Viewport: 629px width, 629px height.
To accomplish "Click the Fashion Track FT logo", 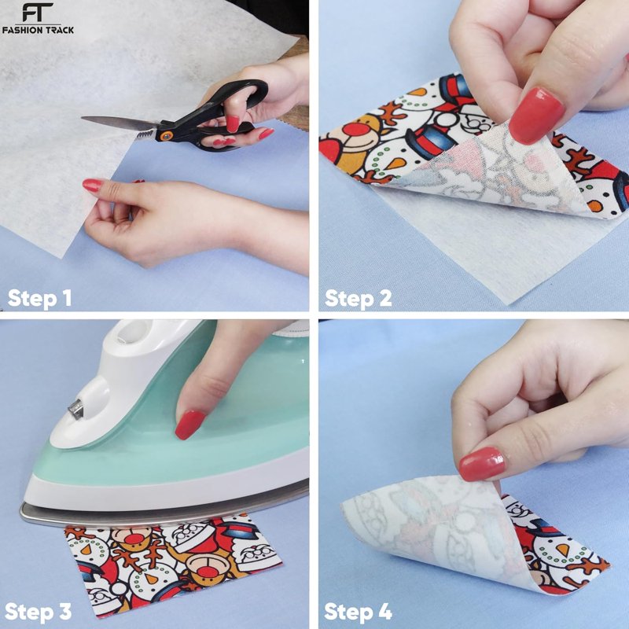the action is tap(38, 18).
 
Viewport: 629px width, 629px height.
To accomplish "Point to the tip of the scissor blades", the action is tap(83, 118).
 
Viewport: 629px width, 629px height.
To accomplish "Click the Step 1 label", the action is tap(40, 299).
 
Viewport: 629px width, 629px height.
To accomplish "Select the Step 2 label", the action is tap(359, 299).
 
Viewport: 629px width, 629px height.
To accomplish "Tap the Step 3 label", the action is tap(39, 612).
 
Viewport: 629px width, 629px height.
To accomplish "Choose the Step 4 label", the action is tap(359, 612).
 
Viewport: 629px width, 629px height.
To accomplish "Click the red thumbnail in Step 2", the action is tap(536, 116).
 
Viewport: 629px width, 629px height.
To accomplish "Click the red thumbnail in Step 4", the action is tap(482, 464).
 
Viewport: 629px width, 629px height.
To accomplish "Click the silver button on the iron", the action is tap(75, 408).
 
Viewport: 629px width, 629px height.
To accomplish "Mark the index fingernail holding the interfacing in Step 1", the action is tap(93, 186).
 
